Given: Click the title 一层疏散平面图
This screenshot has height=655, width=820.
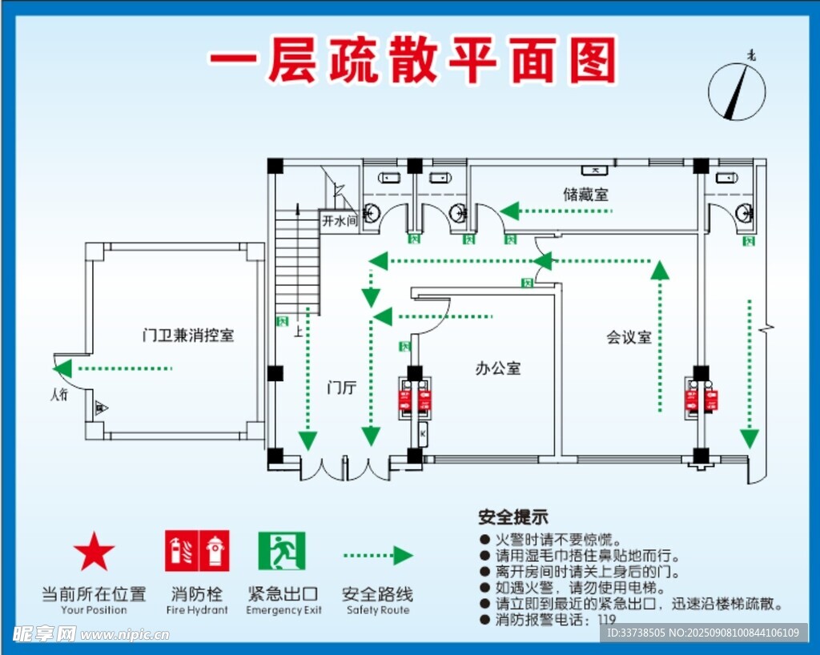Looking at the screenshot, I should click(412, 62).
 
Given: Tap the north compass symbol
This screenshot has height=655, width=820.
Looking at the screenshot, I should click(737, 92).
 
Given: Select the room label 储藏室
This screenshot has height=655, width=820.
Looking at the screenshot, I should click(585, 194).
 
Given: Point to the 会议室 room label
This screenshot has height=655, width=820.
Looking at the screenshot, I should click(629, 337).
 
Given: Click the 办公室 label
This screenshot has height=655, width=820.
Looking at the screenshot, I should click(498, 368).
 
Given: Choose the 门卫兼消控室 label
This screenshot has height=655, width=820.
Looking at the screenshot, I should click(188, 335).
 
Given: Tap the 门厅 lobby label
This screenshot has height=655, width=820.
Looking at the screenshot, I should click(341, 388).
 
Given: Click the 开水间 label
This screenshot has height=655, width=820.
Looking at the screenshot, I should click(339, 221).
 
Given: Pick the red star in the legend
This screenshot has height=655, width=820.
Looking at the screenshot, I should click(94, 552).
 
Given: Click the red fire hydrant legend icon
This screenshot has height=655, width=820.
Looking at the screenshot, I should click(197, 551).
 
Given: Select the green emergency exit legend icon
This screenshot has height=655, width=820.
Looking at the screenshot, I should click(281, 551).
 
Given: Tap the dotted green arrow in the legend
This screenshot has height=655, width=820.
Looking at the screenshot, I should click(377, 555).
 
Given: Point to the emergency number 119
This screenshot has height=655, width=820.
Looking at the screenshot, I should click(607, 620).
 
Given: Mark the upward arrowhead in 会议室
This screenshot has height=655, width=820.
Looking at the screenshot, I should click(659, 269).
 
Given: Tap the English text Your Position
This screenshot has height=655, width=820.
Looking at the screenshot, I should click(94, 610).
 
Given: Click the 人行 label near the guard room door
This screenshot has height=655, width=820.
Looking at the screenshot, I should click(59, 394).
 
